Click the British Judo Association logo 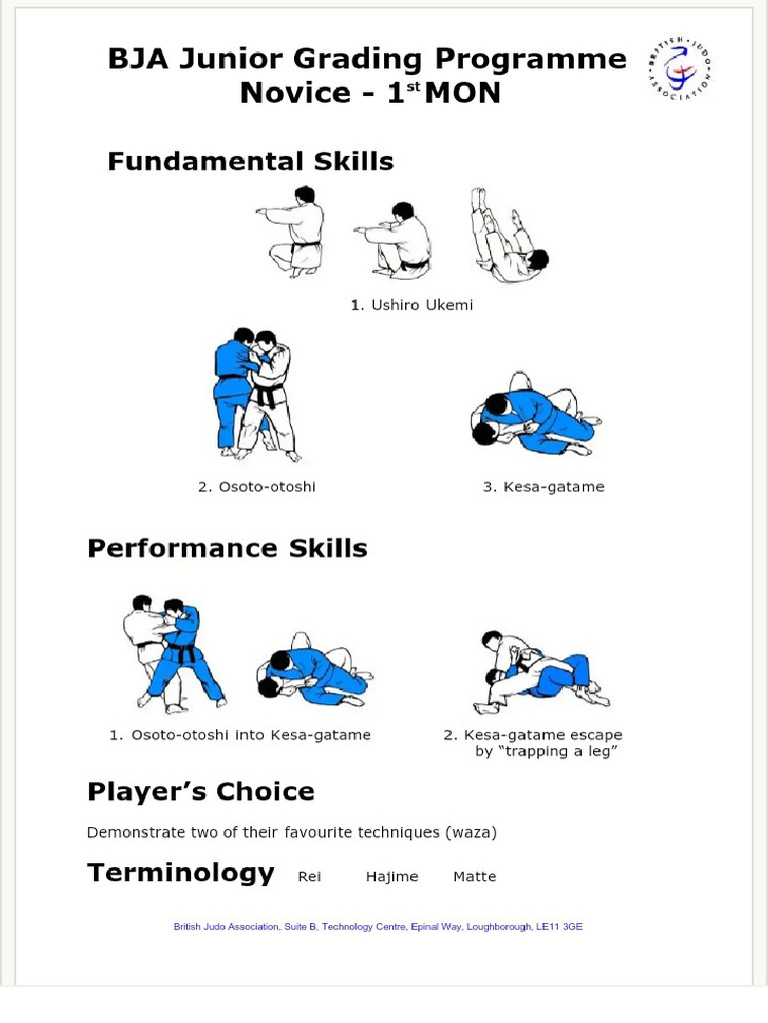(679, 69)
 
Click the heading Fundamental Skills (251, 161)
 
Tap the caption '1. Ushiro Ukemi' (411, 305)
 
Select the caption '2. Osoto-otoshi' (257, 487)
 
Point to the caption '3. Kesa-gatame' (543, 487)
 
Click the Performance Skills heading (227, 548)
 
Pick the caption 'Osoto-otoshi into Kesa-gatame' (251, 734)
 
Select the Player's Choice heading (201, 791)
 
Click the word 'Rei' (310, 877)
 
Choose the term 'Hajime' (392, 877)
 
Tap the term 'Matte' (475, 877)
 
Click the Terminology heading (181, 873)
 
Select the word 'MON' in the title (462, 93)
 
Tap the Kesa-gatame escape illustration (542, 672)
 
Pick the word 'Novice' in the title (295, 93)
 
